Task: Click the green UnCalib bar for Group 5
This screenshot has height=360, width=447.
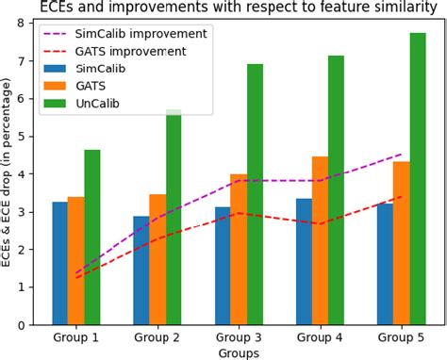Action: point(418,179)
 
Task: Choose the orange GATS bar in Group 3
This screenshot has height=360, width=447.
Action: point(239,249)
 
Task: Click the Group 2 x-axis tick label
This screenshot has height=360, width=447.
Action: point(157,336)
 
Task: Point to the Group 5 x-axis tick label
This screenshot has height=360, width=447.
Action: point(401,336)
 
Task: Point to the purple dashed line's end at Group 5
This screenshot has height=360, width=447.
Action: point(402,154)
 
